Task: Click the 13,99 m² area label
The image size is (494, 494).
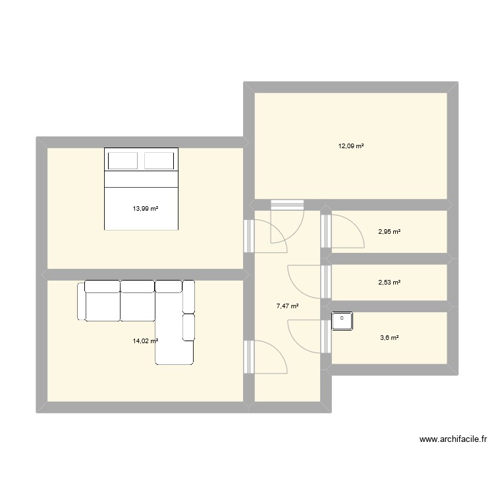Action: (146, 209)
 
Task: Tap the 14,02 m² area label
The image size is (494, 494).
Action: (146, 341)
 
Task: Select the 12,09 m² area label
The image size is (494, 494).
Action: (351, 146)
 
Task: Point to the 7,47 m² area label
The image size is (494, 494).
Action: (288, 306)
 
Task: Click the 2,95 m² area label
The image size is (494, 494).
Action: (389, 231)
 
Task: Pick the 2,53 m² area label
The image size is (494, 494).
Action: (389, 283)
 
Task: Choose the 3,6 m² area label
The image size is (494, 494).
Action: (389, 338)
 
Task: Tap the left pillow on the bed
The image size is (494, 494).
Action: (123, 161)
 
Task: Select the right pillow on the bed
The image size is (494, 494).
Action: (159, 161)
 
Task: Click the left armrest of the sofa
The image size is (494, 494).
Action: (82, 301)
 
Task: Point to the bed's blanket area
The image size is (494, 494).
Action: (141, 207)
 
